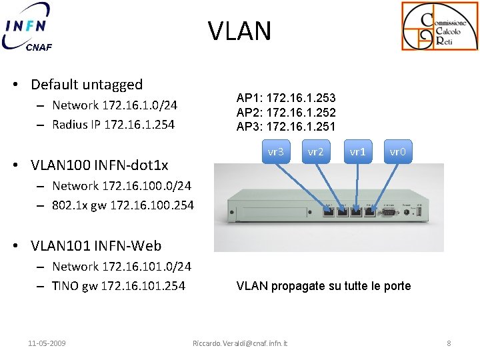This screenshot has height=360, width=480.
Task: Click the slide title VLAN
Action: coord(239,31)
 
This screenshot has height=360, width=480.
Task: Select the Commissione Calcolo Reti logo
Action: coord(439,27)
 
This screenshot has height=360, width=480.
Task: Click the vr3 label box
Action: coord(275,151)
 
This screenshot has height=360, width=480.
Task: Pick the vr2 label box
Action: coord(315,151)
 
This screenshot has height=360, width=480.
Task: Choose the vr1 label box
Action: coord(357,151)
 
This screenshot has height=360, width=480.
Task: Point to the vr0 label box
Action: coord(397,151)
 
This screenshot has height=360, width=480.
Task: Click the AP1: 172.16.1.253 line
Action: coord(286,98)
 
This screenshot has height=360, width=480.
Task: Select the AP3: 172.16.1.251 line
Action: coord(286,127)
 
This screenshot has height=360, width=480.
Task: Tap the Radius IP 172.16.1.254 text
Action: coord(113,124)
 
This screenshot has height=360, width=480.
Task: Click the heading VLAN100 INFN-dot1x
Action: coord(99,165)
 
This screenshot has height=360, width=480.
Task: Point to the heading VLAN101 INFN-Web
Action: coord(95,245)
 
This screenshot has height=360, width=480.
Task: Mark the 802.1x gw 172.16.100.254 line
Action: coord(123,205)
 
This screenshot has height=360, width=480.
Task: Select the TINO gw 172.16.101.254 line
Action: coord(119,286)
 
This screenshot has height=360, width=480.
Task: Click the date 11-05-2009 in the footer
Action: coord(47,343)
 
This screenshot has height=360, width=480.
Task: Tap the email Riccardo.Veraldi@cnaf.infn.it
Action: coord(240,343)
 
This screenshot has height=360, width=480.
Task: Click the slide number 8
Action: coord(449,343)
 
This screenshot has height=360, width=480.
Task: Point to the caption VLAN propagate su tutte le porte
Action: coord(323,286)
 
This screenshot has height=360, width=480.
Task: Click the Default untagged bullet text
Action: coord(87,85)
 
